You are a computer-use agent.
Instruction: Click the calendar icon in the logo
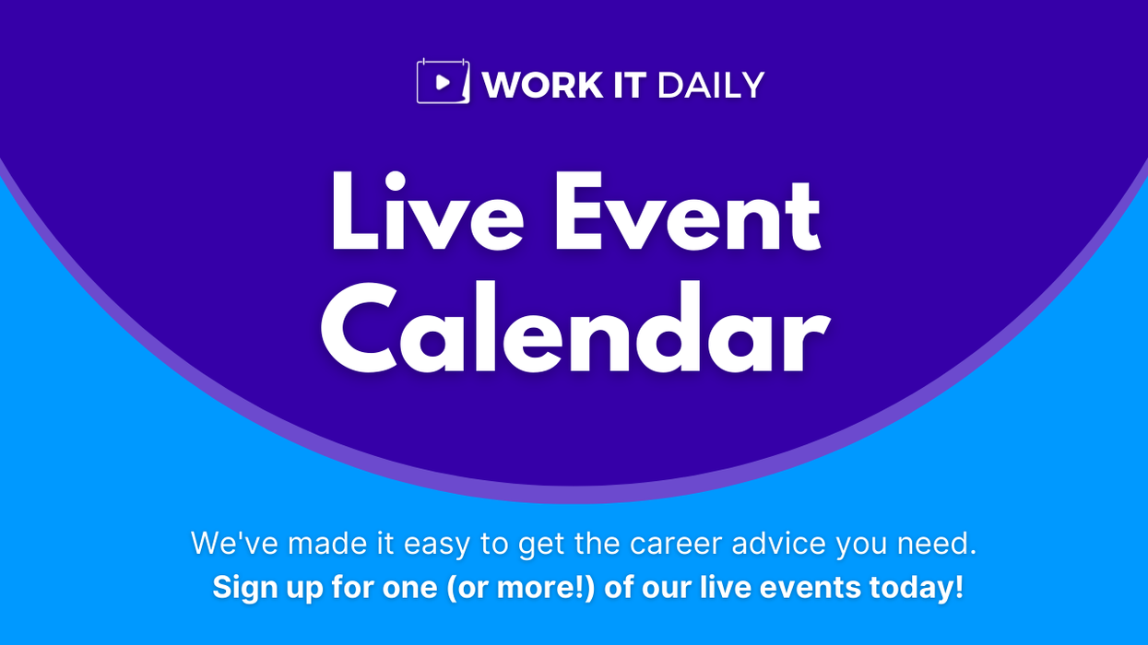pos(443,82)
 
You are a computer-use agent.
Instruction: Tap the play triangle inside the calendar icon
pos(443,83)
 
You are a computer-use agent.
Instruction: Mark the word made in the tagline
pos(325,544)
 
